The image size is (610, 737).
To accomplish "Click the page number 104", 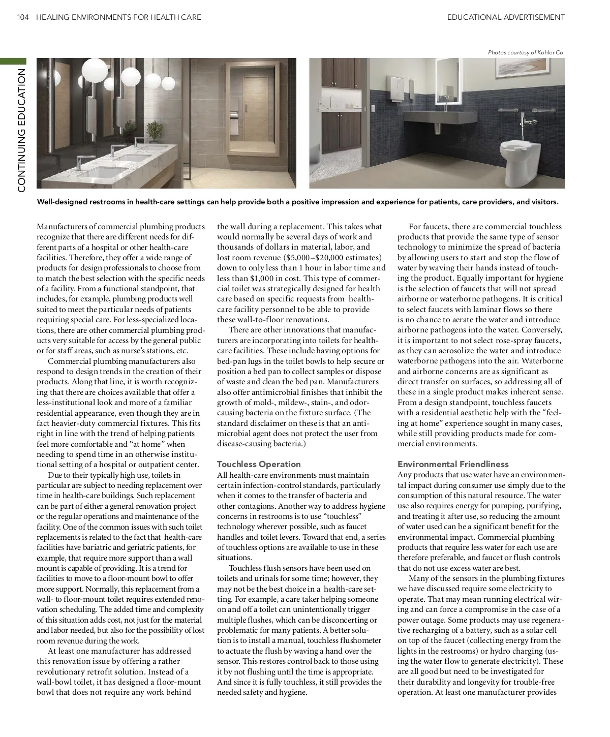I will (23, 17).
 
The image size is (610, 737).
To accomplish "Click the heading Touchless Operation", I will (259, 464).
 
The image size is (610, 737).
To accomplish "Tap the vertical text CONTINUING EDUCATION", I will (21, 130).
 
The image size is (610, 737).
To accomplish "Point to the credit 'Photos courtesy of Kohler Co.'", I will (526, 52).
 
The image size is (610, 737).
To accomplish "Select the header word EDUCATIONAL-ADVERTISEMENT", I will (506, 17).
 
